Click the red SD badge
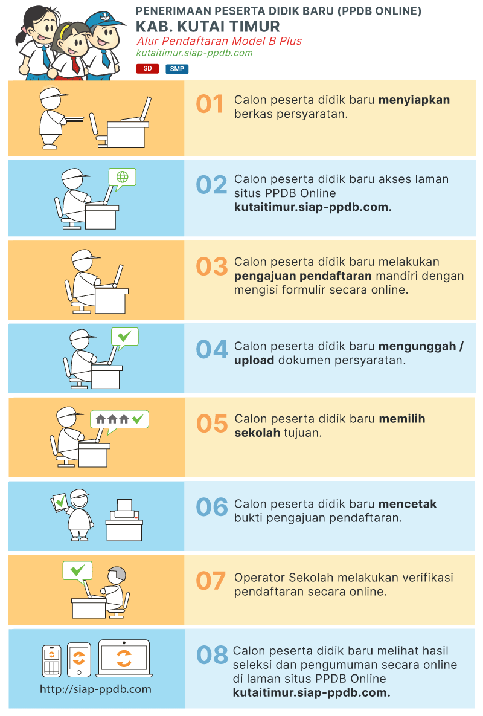click(147, 68)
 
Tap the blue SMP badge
click(177, 69)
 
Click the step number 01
click(210, 104)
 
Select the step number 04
click(212, 350)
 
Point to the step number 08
click(212, 655)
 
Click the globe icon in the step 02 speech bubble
click(122, 176)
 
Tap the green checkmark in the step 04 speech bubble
click(124, 337)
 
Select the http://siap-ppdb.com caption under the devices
click(95, 689)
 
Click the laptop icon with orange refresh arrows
click(124, 658)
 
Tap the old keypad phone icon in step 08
click(51, 660)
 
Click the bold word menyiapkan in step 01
click(414, 100)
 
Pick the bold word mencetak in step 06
click(408, 504)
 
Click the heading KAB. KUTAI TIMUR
click(208, 27)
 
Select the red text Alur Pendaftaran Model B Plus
click(219, 41)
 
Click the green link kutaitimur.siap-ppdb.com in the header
click(194, 53)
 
